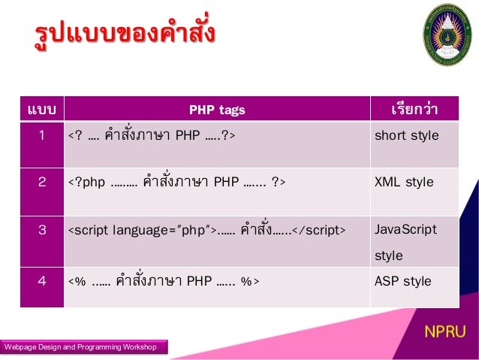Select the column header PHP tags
pos(216,110)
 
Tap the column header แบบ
pos(42,110)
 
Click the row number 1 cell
pos(43,136)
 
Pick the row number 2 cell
pos(43,182)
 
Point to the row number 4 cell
pos(43,281)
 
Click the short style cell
pos(406,136)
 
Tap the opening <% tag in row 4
pos(77,282)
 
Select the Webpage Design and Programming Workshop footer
pos(81,346)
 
